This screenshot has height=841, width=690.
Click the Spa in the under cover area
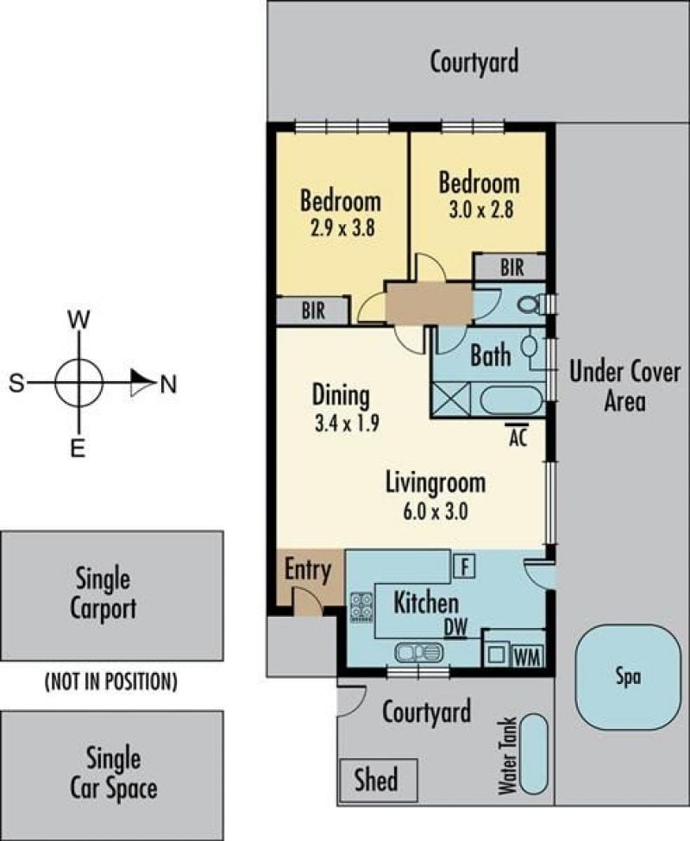tap(627, 677)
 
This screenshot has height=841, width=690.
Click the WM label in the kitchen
tap(528, 657)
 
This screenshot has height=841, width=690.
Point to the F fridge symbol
tap(464, 566)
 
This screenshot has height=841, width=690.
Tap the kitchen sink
tap(419, 652)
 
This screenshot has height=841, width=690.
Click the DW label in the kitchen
tap(455, 628)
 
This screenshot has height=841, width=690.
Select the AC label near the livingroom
tap(517, 436)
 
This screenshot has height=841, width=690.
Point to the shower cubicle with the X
tap(451, 399)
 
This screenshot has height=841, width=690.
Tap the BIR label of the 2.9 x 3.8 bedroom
tap(314, 311)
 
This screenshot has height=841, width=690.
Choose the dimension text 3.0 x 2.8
tap(481, 210)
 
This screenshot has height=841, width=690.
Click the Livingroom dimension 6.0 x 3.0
tap(436, 512)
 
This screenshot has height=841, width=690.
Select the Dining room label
tap(341, 395)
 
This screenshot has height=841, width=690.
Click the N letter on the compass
tap(168, 384)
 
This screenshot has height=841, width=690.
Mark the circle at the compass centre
tap(78, 383)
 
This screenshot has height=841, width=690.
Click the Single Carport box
tap(111, 595)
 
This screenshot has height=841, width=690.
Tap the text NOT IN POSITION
tap(111, 681)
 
